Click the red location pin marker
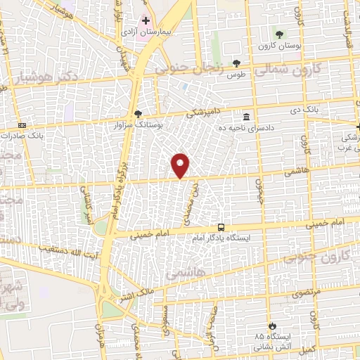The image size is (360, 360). [x=181, y=166]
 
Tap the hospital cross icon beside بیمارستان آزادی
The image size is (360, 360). [x=146, y=20]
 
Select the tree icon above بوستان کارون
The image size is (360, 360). [x=279, y=34]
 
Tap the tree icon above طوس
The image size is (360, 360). [x=236, y=63]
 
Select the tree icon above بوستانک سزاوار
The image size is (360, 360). [x=138, y=114]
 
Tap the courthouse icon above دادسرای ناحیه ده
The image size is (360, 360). [x=246, y=117]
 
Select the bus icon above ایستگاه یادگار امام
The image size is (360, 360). [x=221, y=227]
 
